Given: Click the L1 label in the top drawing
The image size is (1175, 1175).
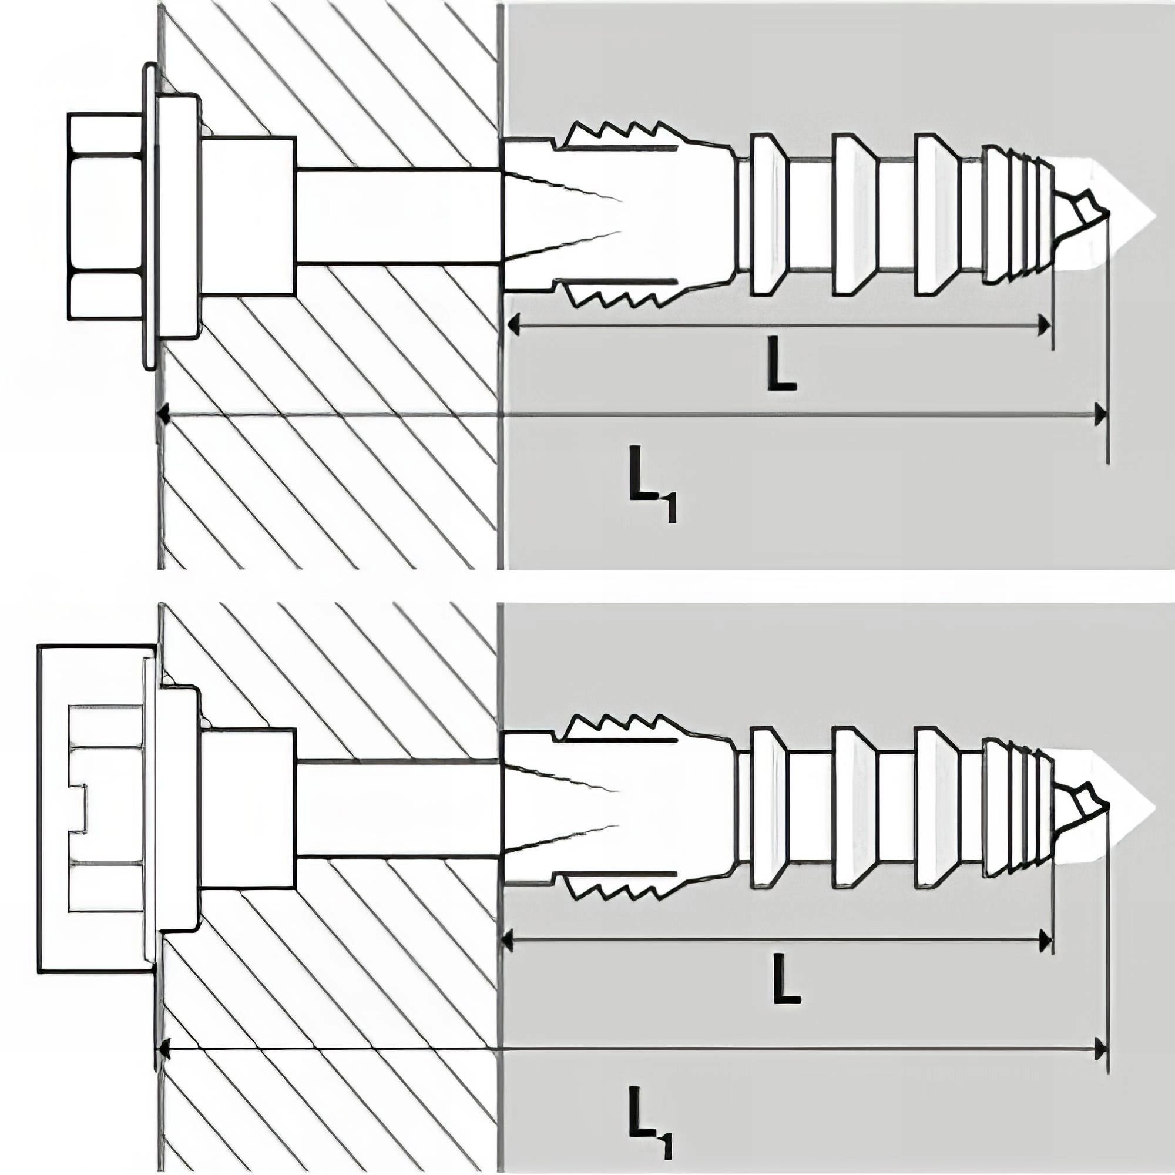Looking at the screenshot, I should [652, 482].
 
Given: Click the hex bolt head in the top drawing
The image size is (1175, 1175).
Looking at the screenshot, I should [105, 216].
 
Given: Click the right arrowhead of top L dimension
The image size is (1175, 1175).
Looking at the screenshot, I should [1043, 325].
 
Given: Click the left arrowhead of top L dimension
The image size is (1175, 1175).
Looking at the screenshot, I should [515, 325].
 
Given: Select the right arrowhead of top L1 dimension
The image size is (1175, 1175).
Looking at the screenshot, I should [1100, 415].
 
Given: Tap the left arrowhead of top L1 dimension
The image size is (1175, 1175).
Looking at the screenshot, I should [163, 415].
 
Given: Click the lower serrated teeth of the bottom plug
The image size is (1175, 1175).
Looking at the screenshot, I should [615, 891].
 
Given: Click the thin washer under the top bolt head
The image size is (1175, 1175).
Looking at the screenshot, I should [149, 216].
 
